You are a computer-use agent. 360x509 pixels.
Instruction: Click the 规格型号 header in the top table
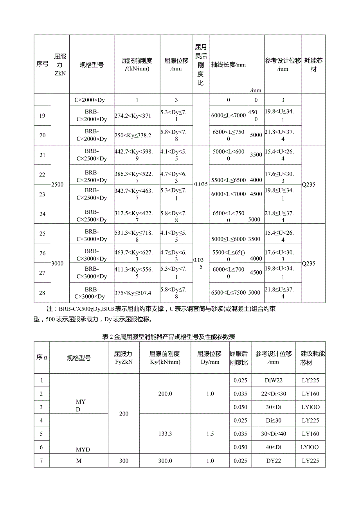coord(92,65)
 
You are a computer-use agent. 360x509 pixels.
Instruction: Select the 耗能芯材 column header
coord(313,65)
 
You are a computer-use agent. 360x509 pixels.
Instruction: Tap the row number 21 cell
coord(42,155)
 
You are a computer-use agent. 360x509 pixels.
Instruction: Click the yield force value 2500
coord(57,184)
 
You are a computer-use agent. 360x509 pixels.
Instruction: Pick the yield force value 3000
coord(57,263)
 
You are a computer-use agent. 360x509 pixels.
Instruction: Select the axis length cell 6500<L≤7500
coord(228,293)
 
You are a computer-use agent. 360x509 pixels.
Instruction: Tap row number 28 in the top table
coord(42,293)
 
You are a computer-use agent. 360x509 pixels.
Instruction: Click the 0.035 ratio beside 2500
coord(201,184)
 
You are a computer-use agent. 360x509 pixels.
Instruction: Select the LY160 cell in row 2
coord(311,394)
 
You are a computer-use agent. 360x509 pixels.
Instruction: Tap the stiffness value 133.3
coord(165,434)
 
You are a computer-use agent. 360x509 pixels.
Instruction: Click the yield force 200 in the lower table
coord(124,414)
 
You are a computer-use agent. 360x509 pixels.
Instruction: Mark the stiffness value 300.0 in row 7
coord(165,461)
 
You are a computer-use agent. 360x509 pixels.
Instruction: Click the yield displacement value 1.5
coord(210,434)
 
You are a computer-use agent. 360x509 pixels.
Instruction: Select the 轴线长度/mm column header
coord(229,65)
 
